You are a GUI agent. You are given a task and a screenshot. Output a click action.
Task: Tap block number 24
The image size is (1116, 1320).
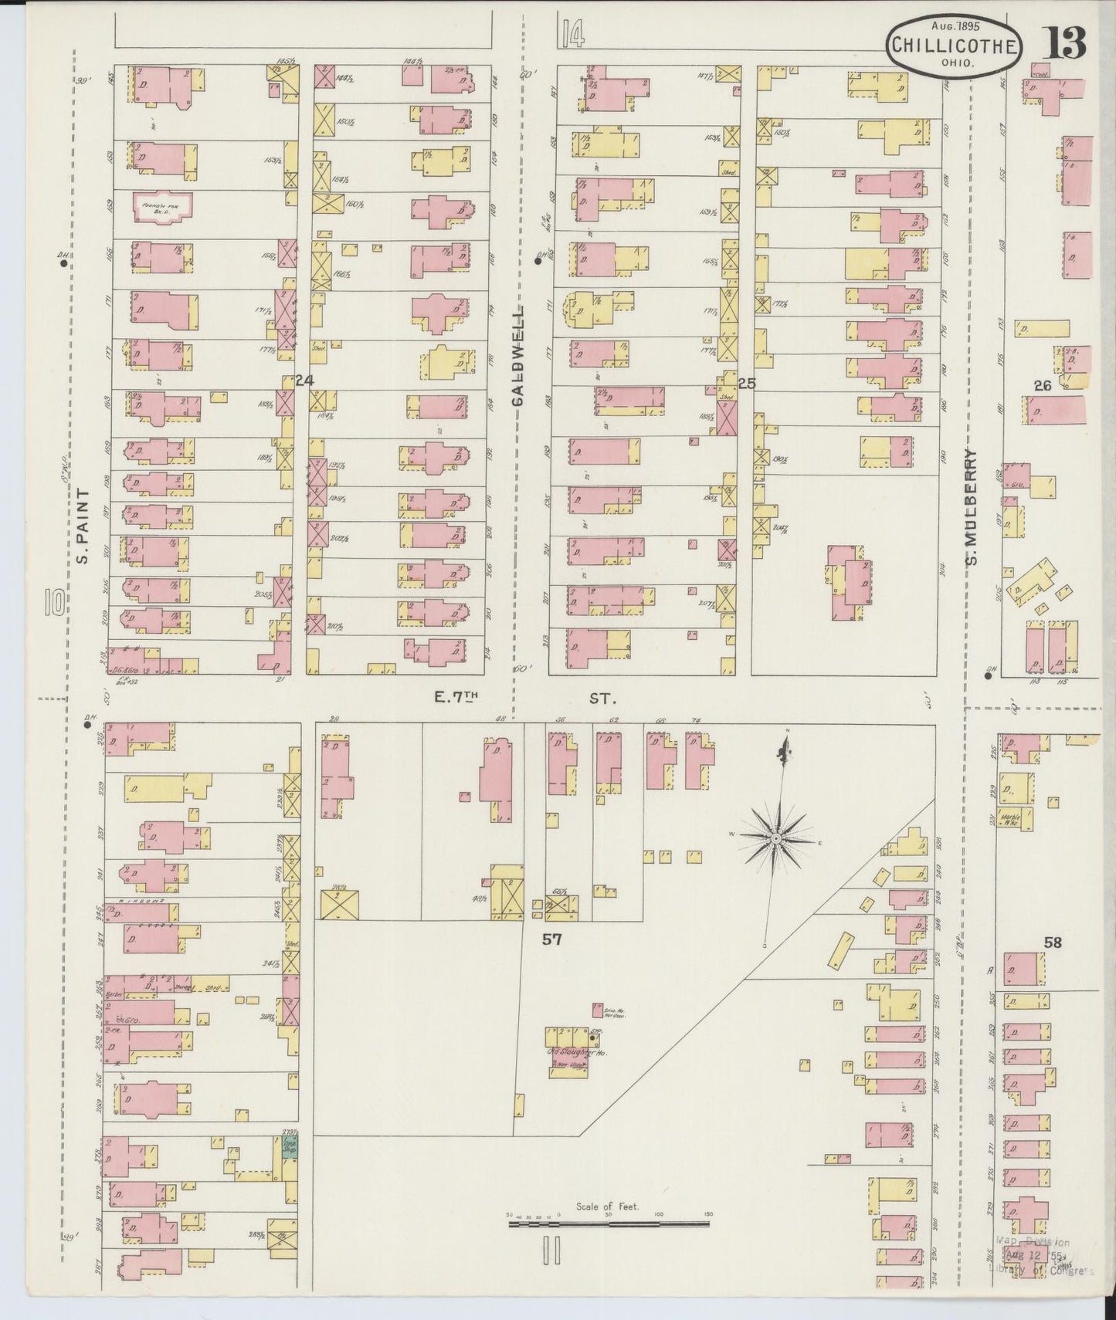[305, 380]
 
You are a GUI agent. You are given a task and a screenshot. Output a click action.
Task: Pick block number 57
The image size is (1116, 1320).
[551, 939]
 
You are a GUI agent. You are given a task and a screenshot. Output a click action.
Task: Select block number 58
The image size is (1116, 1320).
[1052, 942]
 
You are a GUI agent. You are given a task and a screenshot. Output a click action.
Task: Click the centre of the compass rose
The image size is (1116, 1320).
[775, 838]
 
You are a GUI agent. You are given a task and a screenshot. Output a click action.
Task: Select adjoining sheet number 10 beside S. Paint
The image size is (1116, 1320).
[53, 602]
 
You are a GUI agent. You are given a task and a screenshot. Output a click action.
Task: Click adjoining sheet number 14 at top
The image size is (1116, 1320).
[572, 34]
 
